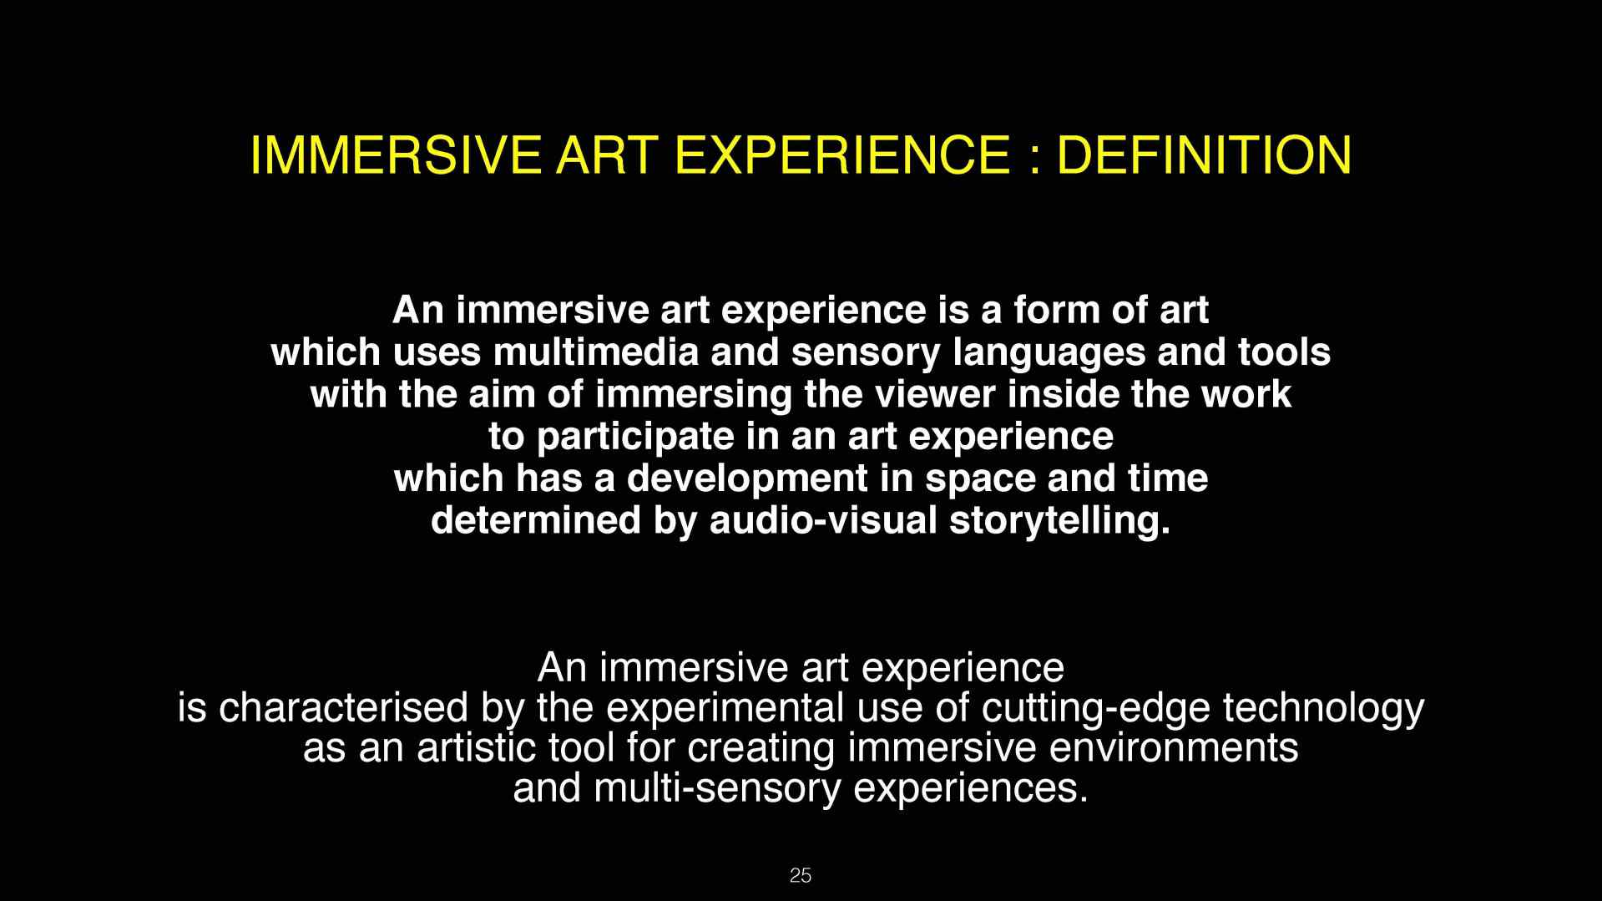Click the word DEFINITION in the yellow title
[x=1204, y=154]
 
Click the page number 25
[x=800, y=875]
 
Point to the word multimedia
[x=595, y=352]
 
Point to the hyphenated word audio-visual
[x=823, y=520]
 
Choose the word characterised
[x=343, y=708]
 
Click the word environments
[x=1173, y=748]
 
